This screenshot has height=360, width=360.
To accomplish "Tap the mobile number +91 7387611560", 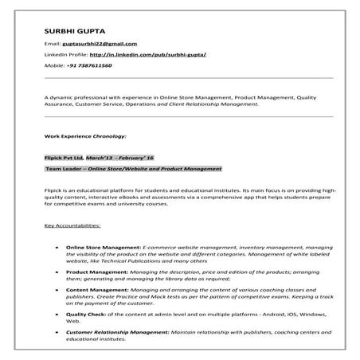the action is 89,65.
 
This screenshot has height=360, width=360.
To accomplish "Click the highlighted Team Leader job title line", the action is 133,169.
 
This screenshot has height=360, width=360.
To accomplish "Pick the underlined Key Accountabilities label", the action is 72,226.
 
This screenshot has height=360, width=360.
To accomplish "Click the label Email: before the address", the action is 53,44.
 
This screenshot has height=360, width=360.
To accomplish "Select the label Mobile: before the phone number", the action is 55,65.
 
